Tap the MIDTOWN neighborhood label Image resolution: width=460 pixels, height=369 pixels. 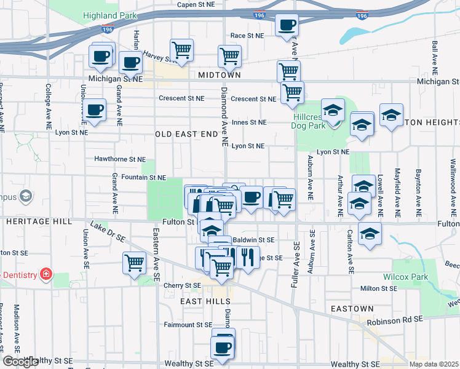tap(220, 75)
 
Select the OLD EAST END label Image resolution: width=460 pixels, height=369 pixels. tap(186, 133)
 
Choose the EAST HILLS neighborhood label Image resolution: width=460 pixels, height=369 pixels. tap(205, 301)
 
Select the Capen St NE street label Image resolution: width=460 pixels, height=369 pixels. tap(195, 4)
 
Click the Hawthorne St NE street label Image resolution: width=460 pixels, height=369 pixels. tap(119, 159)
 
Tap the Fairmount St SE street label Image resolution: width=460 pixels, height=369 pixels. tap(188, 324)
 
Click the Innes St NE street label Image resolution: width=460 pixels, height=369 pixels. tap(249, 122)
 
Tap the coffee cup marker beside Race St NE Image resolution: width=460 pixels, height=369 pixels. tap(287, 26)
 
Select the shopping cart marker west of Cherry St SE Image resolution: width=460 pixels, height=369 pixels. tap(134, 263)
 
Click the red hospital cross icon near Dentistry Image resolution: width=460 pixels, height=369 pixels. tap(45, 273)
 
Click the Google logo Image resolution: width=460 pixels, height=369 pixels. tap(21, 362)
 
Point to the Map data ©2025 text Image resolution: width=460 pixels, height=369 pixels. tap(434, 364)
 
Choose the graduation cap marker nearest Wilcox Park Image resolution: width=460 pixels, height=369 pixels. tap(370, 234)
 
